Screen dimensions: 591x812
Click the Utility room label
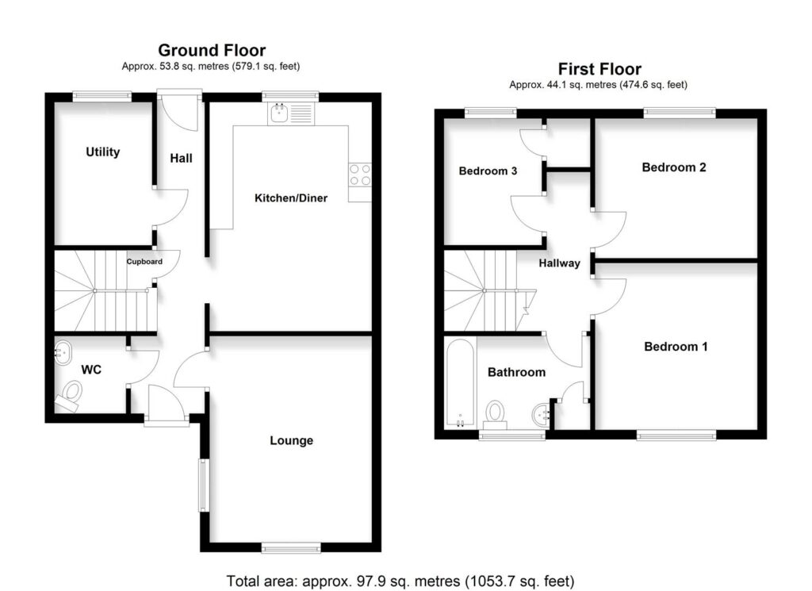[103, 152]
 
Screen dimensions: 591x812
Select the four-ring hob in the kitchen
[359, 175]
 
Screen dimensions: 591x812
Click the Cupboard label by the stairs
[144, 262]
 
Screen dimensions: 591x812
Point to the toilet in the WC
[71, 393]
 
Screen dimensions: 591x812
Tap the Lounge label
[291, 440]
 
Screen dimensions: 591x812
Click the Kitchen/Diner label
[290, 198]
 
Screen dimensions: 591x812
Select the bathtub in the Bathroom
[459, 382]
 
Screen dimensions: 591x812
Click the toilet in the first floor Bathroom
[496, 412]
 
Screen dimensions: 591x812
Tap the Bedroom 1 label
[676, 347]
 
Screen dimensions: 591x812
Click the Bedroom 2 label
[674, 167]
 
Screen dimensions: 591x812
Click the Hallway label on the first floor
[559, 263]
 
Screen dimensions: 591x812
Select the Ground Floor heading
[212, 51]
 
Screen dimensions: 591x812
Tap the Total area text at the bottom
[400, 580]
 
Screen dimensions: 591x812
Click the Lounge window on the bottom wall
[291, 547]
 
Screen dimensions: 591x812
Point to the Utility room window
[102, 97]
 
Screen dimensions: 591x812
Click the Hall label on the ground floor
[181, 158]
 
